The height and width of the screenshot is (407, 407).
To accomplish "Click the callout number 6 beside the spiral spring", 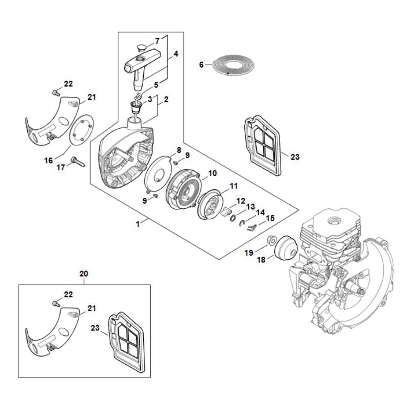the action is pyautogui.click(x=201, y=64).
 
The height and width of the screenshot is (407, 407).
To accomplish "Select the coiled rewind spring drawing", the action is pyautogui.click(x=234, y=66).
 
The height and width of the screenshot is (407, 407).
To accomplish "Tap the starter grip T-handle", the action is pyautogui.click(x=142, y=68).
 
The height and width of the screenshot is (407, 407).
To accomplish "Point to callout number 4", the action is pyautogui.click(x=176, y=54).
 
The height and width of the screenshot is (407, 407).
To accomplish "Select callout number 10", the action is pyautogui.click(x=212, y=173).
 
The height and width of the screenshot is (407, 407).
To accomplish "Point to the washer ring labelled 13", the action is pyautogui.click(x=232, y=218).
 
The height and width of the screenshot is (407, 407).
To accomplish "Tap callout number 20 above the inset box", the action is pyautogui.click(x=83, y=274).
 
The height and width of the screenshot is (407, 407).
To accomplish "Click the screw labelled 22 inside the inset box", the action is pyautogui.click(x=55, y=303).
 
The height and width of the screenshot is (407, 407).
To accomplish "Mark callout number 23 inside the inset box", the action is pyautogui.click(x=95, y=328).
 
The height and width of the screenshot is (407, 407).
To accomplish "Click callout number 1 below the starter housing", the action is pyautogui.click(x=138, y=223).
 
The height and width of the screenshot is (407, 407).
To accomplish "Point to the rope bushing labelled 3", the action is pyautogui.click(x=137, y=106).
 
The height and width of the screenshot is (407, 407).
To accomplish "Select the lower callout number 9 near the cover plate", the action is pyautogui.click(x=144, y=201).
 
